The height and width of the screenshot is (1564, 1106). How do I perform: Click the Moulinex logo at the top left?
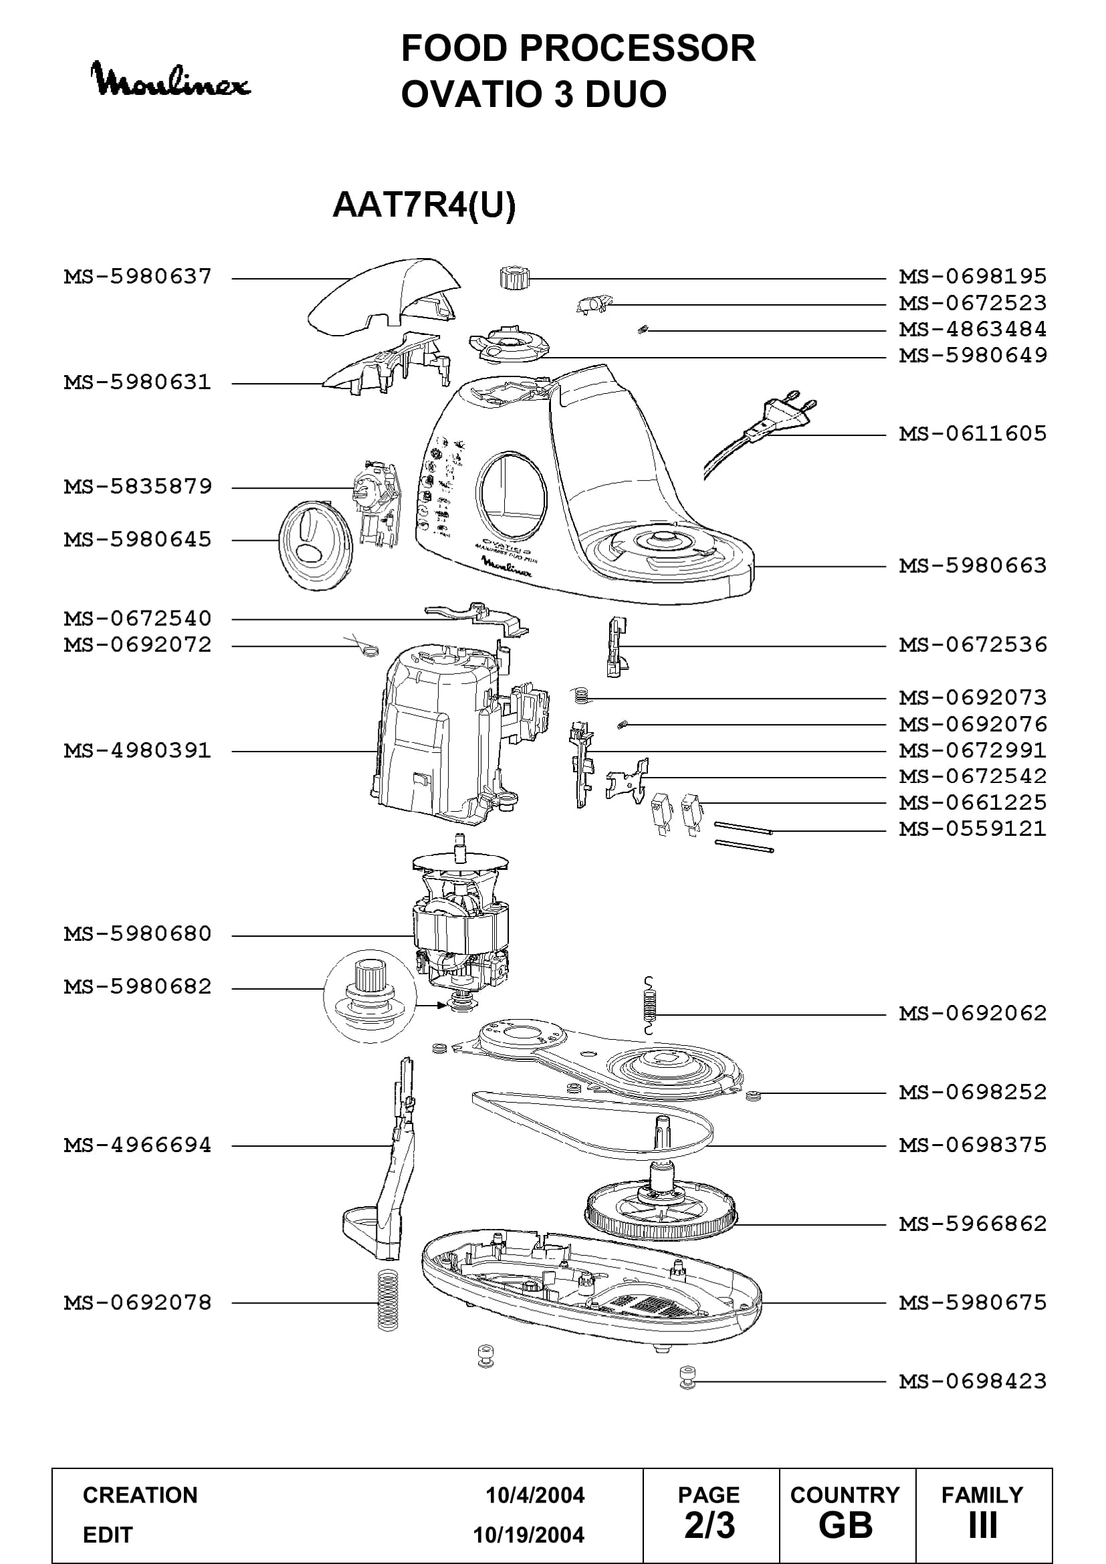tap(171, 80)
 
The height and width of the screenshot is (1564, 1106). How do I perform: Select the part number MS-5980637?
tap(138, 277)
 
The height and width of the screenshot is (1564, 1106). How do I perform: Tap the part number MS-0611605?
tap(972, 433)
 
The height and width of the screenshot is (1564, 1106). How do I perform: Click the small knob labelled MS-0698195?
tap(514, 278)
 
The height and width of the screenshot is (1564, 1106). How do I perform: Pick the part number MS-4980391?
tap(138, 751)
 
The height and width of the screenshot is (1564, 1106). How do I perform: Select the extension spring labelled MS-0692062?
tap(651, 1006)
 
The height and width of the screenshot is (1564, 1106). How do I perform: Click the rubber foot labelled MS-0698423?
tap(688, 1378)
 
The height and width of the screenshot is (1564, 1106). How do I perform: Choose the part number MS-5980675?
tap(972, 1303)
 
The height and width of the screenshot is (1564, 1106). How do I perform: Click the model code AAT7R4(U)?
tap(423, 205)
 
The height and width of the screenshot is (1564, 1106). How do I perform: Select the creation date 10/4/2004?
tap(535, 1495)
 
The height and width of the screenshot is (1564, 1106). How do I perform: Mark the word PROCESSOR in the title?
tap(637, 48)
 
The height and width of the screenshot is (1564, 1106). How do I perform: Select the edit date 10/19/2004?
tap(528, 1535)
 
